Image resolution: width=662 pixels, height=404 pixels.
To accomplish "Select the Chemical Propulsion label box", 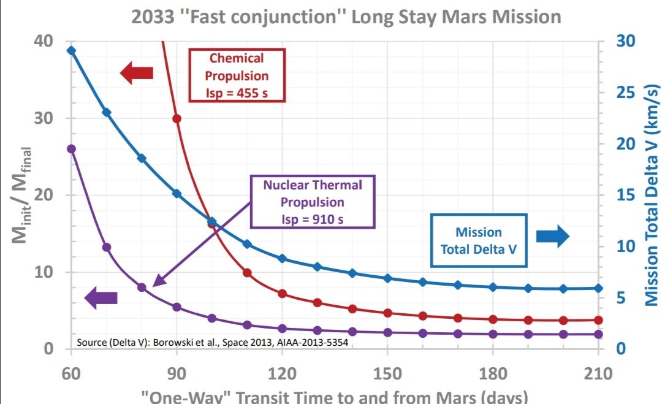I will [x=237, y=76].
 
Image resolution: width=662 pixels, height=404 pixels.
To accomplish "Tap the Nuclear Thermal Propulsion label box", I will [x=313, y=202].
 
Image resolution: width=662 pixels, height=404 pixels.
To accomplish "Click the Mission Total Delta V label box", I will [x=478, y=240].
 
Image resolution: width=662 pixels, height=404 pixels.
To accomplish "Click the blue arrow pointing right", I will [x=553, y=237].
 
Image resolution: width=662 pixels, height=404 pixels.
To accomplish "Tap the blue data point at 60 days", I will [x=72, y=50].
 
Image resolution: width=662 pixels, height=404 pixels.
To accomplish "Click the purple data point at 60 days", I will [x=72, y=148].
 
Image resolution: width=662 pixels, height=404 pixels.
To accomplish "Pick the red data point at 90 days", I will [x=177, y=118].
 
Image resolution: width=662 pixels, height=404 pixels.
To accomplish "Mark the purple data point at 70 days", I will [x=107, y=247].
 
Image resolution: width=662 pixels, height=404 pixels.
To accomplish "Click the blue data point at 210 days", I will [x=599, y=288].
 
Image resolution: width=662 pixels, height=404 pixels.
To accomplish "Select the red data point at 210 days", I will [x=599, y=320].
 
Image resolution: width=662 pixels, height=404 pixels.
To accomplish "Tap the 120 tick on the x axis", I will [x=282, y=372].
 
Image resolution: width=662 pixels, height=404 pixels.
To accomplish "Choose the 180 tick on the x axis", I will [x=493, y=372].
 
